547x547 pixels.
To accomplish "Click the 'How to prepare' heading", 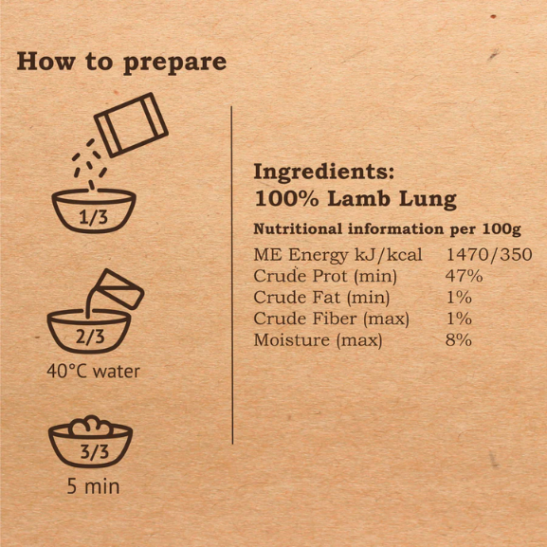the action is (121, 63).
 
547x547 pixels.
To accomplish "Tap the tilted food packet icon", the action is (131, 124).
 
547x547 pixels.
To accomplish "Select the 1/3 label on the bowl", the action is (94, 218).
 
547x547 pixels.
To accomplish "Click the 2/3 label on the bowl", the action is (90, 337).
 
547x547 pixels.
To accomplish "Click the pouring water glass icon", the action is (119, 289).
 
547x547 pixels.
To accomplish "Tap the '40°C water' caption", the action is (93, 372).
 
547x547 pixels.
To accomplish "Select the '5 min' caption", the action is (93, 486).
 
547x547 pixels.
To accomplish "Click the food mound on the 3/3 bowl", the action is (91, 426).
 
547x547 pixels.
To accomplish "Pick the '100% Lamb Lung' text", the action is (356, 199).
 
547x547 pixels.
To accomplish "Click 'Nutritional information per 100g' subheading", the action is (387, 229).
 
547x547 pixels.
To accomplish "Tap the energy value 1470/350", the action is (489, 255).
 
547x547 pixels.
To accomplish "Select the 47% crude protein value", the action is (464, 276).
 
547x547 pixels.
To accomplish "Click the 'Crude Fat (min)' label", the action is (321, 298).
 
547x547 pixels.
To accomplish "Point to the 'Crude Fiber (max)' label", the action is (331, 319).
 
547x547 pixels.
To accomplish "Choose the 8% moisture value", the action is (459, 339).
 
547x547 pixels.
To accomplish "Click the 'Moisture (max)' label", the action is (318, 340).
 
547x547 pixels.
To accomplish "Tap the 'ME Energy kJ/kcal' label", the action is (337, 255).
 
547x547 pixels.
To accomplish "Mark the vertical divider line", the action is (232, 275).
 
